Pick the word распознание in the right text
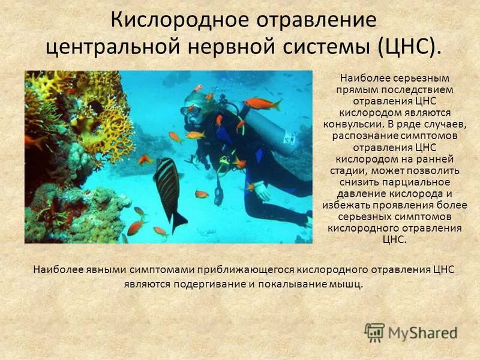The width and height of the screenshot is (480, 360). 367,136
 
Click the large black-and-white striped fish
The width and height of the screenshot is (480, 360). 169,190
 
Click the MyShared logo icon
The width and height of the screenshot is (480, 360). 374,332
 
